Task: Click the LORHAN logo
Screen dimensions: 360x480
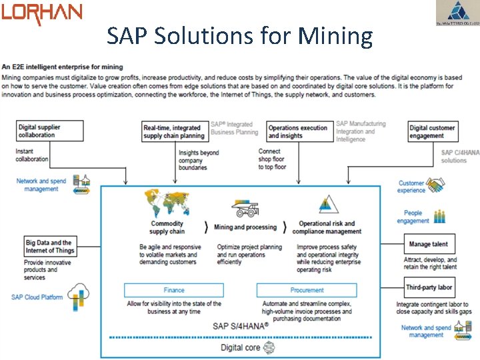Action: [x=41, y=13]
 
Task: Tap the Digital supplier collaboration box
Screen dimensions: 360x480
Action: [x=50, y=131]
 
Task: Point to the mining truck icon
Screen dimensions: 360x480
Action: [x=245, y=209]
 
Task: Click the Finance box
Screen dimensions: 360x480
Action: [x=173, y=290]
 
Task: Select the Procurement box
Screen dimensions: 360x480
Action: [x=307, y=290]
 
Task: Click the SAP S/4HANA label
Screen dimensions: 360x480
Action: [x=241, y=326]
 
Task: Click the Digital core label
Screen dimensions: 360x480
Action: [x=241, y=347]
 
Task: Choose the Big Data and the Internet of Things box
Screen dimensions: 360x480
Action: [x=50, y=246]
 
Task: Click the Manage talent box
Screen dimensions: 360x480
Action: [x=428, y=244]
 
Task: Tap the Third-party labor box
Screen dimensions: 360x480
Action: [x=429, y=287]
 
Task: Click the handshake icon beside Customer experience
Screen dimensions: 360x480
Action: [x=437, y=184]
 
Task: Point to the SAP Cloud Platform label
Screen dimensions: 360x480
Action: [x=37, y=297]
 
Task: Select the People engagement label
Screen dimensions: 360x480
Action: [x=413, y=217]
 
